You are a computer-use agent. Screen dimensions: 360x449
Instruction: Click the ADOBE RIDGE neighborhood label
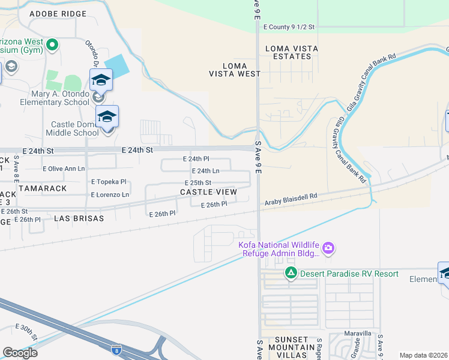[x=58, y=13]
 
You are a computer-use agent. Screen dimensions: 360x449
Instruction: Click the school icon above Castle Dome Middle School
[x=107, y=116]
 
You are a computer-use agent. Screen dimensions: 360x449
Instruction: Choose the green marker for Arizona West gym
[x=52, y=44]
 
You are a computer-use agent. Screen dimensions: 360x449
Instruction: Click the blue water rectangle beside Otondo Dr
[x=116, y=65]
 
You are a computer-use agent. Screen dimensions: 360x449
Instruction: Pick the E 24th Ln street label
[x=205, y=171]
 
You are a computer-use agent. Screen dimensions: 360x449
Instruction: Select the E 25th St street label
[x=198, y=182]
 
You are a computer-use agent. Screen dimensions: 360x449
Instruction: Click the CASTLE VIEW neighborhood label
[x=208, y=192]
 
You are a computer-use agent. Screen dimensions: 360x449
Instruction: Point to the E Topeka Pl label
[x=109, y=182]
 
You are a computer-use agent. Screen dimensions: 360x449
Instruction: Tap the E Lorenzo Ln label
[x=110, y=195]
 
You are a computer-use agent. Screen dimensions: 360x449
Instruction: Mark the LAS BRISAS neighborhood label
[x=79, y=218]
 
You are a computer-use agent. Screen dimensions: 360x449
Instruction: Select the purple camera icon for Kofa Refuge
[x=328, y=248]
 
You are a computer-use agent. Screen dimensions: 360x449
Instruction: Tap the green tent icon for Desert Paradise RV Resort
[x=291, y=274]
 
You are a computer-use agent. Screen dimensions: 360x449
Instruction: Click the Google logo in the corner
[x=20, y=353]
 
